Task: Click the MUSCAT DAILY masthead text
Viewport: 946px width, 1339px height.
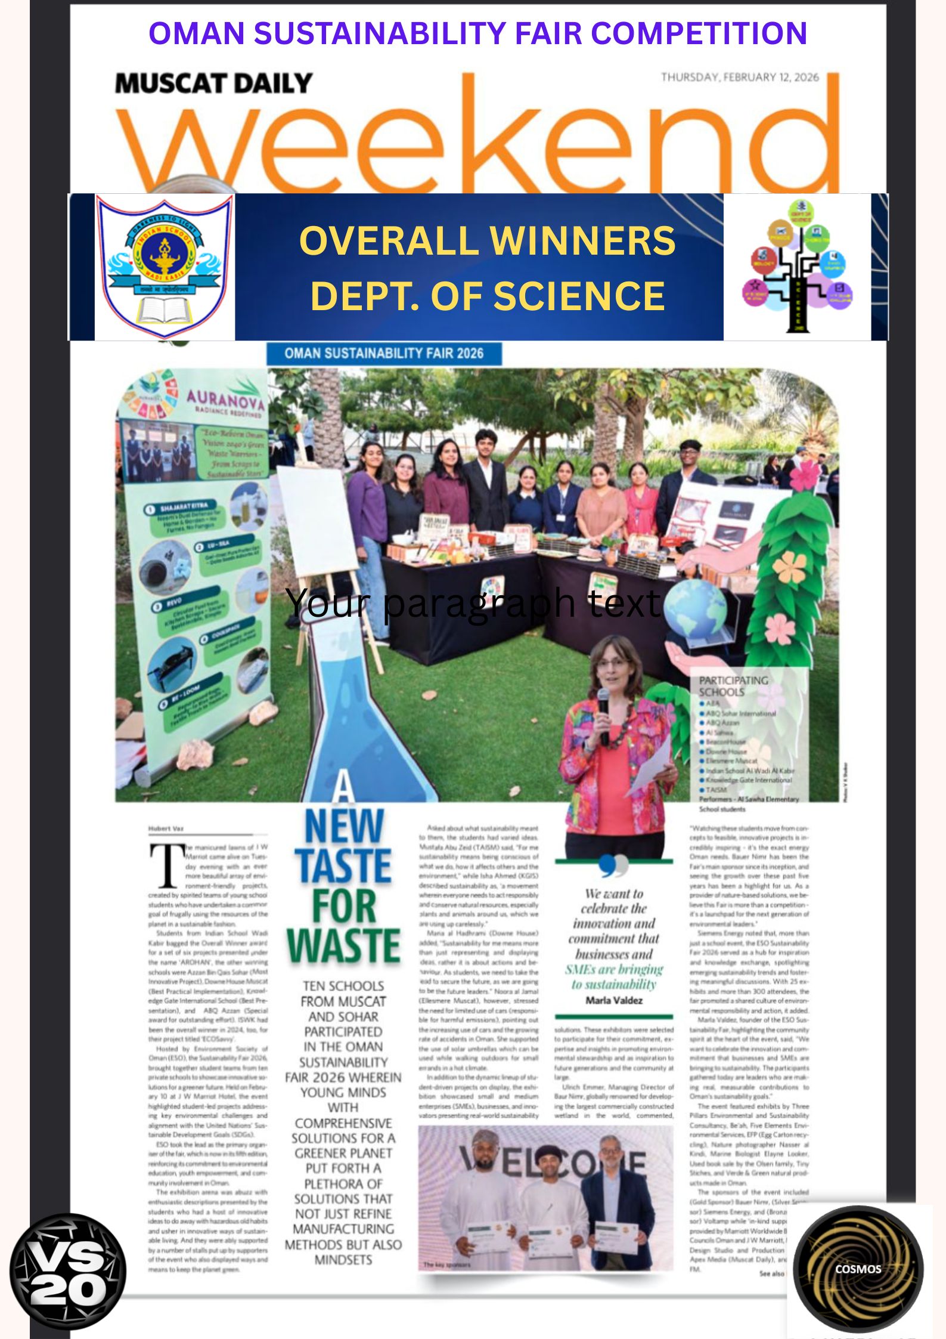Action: tap(213, 84)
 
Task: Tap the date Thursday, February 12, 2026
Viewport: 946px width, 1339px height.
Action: tap(739, 77)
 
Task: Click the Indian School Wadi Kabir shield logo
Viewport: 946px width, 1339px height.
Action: tap(165, 267)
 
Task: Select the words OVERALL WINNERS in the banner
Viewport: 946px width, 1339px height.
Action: tap(487, 240)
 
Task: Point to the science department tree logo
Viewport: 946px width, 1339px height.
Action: tap(798, 267)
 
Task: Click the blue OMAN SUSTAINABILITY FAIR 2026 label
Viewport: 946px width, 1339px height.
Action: tap(384, 353)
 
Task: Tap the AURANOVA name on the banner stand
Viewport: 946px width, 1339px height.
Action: tap(225, 399)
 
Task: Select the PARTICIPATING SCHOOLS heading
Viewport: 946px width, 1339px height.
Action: tap(733, 686)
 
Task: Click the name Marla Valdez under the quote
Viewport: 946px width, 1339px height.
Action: tap(614, 1000)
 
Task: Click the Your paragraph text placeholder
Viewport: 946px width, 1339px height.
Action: tap(473, 602)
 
